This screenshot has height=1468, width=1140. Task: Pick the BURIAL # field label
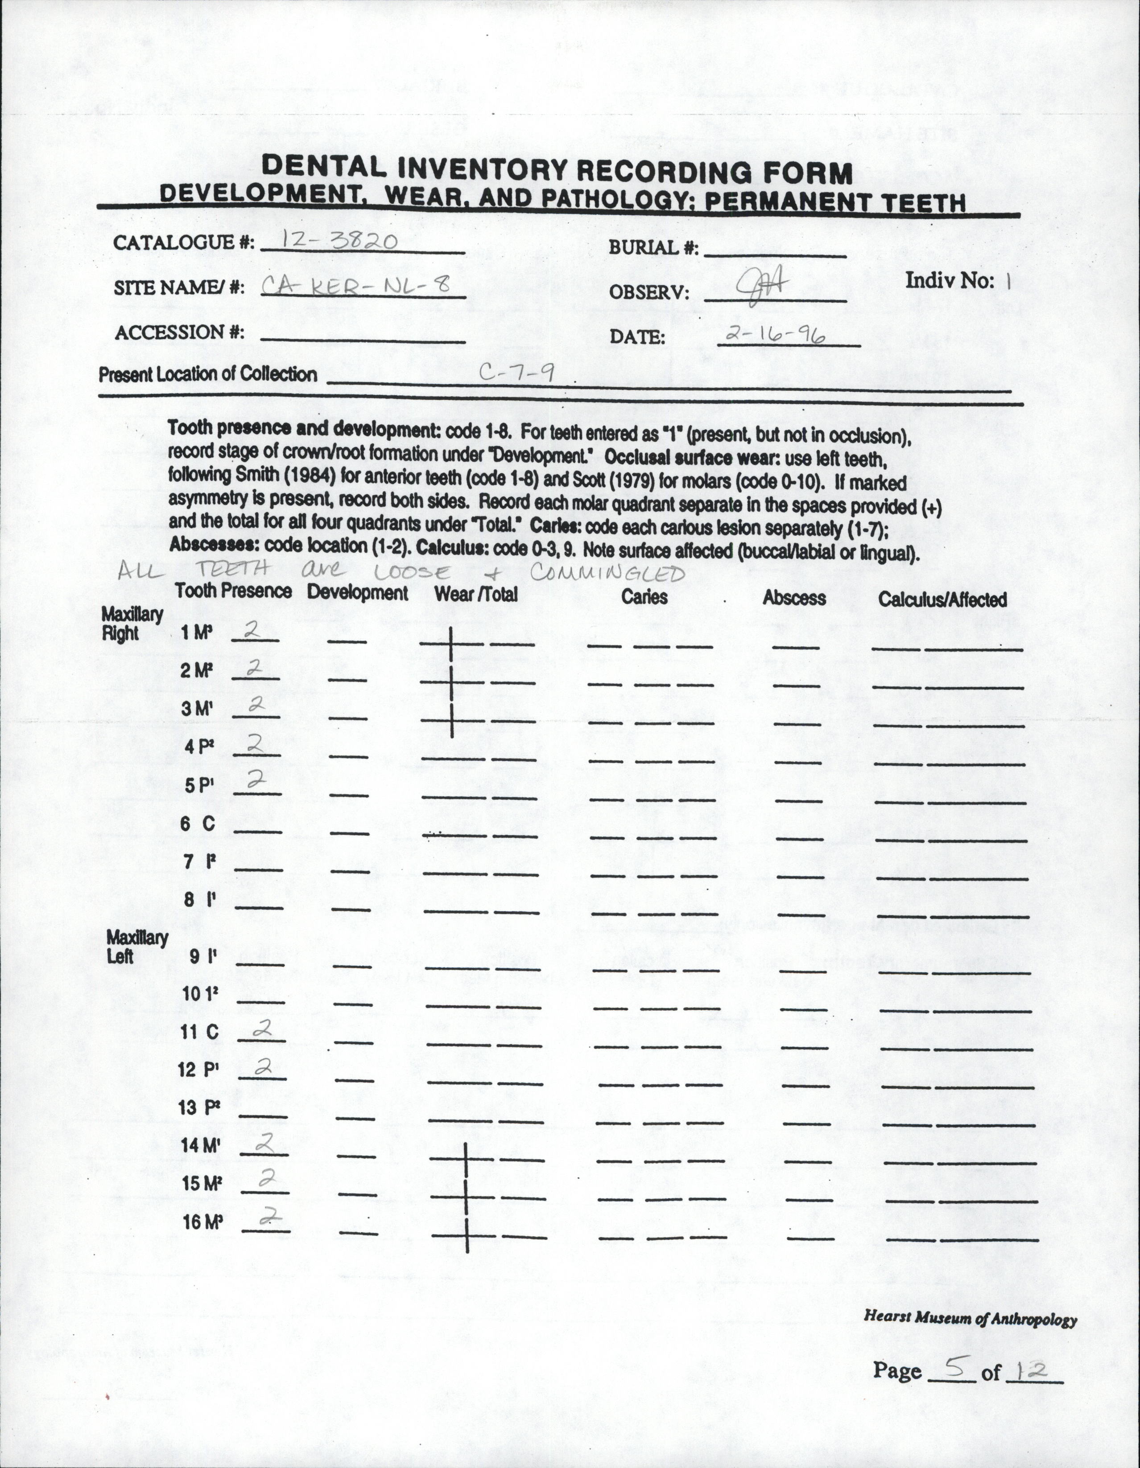tap(653, 247)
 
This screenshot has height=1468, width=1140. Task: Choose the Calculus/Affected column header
tap(942, 599)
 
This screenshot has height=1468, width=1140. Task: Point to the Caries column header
tap(644, 596)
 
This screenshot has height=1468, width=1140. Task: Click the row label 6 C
tap(198, 824)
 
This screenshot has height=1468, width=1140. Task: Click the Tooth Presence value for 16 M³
tap(269, 1215)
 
